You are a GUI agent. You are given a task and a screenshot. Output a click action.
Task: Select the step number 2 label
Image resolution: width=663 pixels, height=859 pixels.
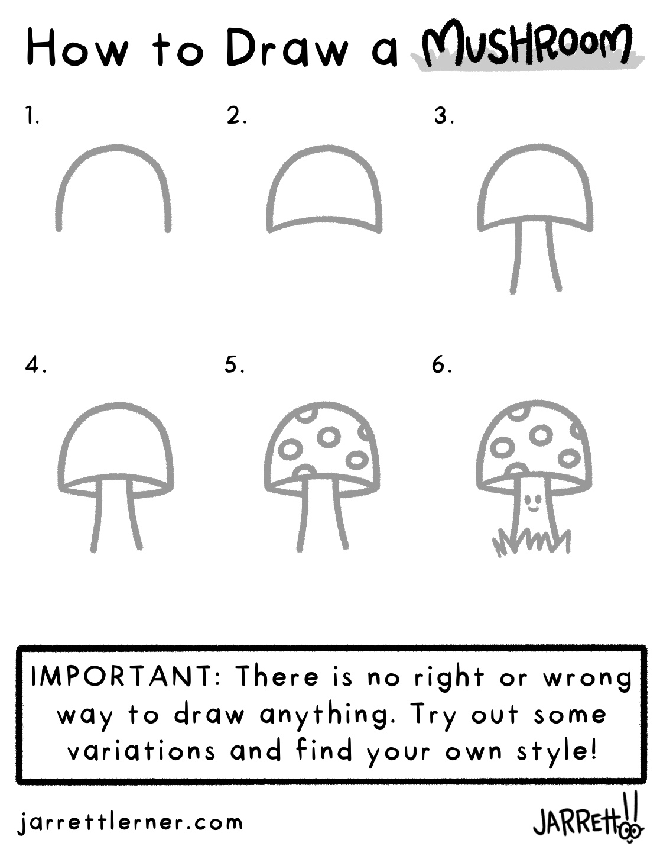(x=236, y=116)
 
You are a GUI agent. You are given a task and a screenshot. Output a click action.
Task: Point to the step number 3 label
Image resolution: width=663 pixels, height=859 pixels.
(x=444, y=116)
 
